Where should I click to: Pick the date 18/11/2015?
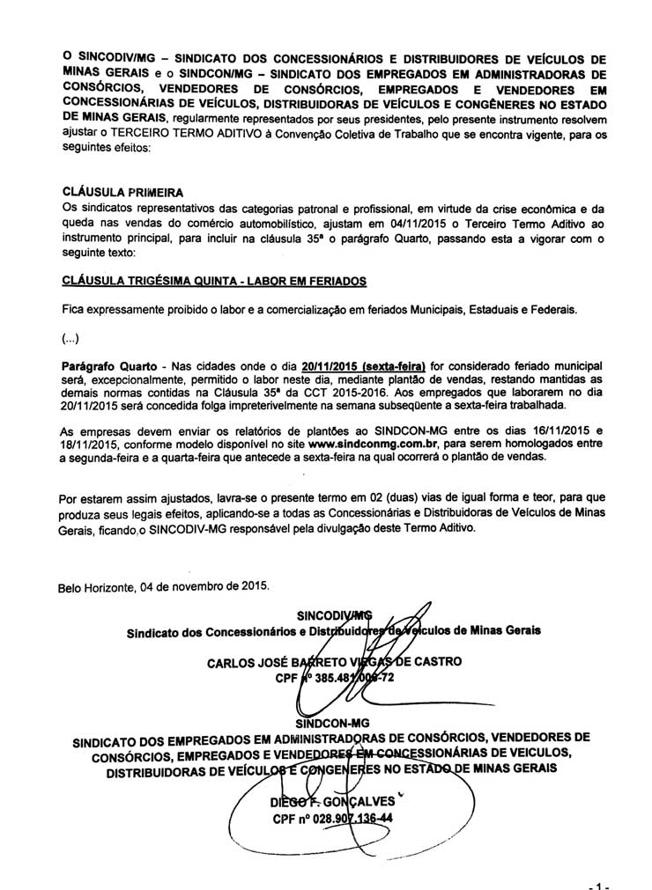[91, 445]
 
